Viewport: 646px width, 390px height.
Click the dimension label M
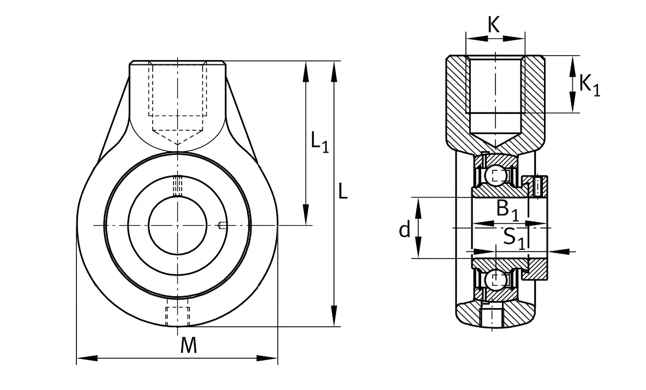pos(188,345)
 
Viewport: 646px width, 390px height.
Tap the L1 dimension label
pos(320,142)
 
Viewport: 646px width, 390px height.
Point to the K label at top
pos(494,25)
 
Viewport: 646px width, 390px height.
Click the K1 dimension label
pos(590,85)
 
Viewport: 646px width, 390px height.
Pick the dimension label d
pos(405,229)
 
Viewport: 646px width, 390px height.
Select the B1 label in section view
pos(507,209)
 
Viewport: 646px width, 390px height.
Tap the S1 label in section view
pos(515,238)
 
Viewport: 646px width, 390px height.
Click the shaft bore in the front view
pos(177,225)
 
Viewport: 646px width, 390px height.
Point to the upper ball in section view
pos(496,175)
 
